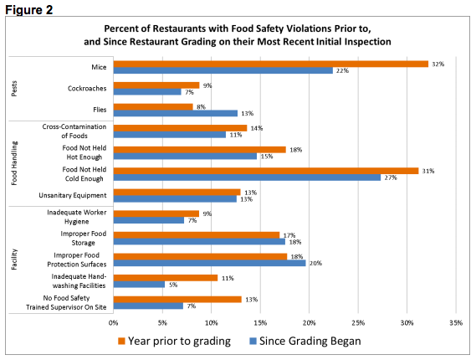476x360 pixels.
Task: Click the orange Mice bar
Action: (x=270, y=64)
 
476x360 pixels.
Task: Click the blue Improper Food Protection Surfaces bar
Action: (x=209, y=263)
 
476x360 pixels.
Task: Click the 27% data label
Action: (x=389, y=177)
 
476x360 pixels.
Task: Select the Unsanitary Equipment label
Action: (x=75, y=195)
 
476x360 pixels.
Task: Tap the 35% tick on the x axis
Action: (x=455, y=321)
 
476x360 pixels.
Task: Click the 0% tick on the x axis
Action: (x=113, y=321)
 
